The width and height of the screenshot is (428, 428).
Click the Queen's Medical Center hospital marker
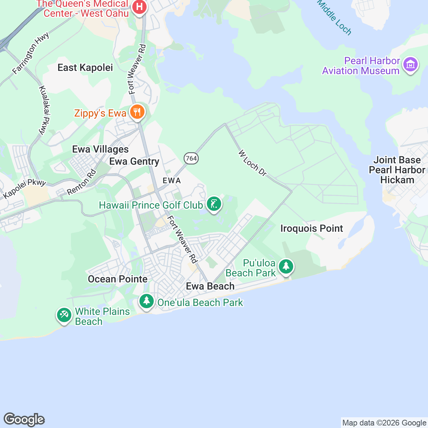tap(139, 7)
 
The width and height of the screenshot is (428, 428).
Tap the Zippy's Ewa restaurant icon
tap(137, 112)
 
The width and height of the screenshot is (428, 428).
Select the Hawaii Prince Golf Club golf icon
tap(214, 204)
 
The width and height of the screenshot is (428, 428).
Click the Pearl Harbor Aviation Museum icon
tap(410, 65)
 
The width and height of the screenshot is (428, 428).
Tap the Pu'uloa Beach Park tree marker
tap(286, 267)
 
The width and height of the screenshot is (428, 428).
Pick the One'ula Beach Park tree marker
tap(146, 301)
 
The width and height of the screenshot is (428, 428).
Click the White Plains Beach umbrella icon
tap(64, 315)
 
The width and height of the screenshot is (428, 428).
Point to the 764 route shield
tap(192, 158)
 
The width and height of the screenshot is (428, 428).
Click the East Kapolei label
tap(85, 68)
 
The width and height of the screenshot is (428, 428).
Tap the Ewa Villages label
tap(100, 149)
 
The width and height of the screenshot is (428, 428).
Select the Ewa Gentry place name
tap(134, 162)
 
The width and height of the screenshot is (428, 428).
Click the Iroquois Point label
tap(312, 229)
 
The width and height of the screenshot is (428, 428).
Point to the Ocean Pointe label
tap(118, 279)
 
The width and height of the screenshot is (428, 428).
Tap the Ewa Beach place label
tap(210, 286)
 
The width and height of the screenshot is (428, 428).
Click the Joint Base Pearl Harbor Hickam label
tap(397, 170)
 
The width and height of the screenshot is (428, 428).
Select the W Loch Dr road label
tap(253, 163)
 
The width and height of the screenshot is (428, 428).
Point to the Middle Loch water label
tap(334, 17)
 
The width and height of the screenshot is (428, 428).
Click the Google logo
tap(24, 419)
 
